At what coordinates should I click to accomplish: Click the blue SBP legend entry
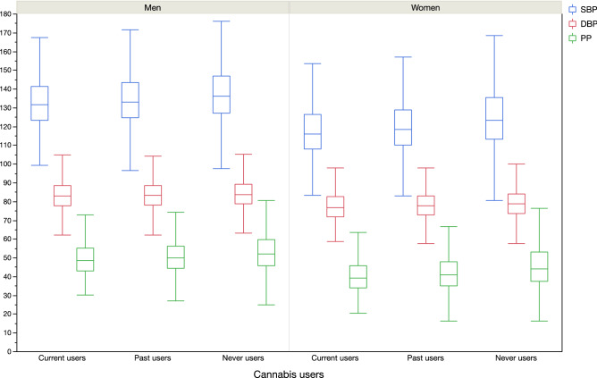[x=577, y=8]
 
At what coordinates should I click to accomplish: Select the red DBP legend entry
[x=577, y=23]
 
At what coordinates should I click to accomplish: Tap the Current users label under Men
[x=63, y=358]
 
